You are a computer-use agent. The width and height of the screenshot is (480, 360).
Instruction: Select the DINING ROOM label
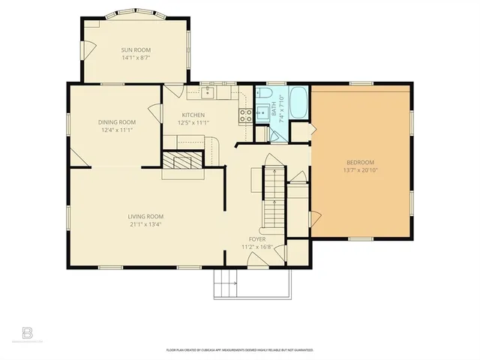pos(117,122)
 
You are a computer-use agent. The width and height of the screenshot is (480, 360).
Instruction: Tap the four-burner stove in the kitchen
pos(244,115)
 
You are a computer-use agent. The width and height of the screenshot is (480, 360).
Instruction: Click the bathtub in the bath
pos(298,103)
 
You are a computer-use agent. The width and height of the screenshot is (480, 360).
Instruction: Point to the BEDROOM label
pos(360,163)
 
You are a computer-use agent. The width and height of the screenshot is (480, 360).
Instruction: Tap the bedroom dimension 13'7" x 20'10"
pos(360,171)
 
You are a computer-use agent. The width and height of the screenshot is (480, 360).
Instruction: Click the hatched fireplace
pos(183,163)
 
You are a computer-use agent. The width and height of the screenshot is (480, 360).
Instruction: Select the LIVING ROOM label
pos(145,216)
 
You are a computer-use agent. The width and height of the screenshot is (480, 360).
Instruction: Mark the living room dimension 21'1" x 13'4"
pos(145,224)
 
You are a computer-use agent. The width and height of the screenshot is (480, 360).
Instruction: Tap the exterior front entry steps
pos(226,284)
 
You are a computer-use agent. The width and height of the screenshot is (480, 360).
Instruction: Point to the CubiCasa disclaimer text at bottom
pos(239,349)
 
